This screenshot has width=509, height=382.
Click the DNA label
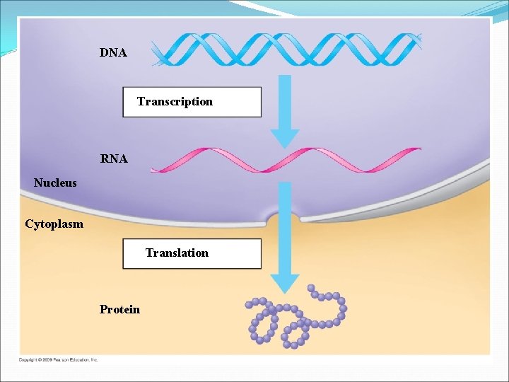113,52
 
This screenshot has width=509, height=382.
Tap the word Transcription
175,101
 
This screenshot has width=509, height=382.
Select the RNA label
114,159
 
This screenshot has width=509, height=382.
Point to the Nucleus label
55,183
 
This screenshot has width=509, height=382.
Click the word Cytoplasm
54,224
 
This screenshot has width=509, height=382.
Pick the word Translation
177,253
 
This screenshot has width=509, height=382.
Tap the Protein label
119,309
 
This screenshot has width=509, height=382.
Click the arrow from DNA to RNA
285,106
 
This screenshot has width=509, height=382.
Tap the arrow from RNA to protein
285,233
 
